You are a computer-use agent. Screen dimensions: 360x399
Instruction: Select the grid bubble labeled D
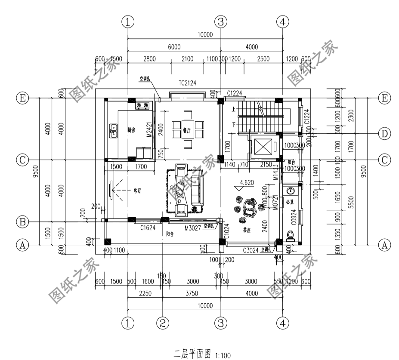384,133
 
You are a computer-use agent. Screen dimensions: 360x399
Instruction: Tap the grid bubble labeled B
22,222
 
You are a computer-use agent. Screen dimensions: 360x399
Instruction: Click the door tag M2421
148,129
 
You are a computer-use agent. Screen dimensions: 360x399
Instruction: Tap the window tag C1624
147,228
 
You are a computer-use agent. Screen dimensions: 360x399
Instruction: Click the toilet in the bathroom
290,236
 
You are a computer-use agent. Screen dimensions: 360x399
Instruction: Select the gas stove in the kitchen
142,105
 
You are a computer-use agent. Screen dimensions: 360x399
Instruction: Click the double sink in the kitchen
114,130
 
